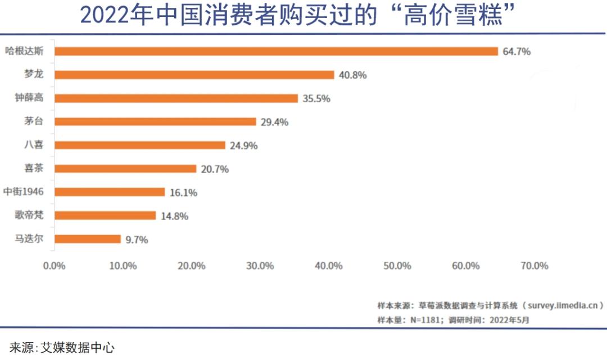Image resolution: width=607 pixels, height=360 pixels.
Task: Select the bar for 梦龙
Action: click(x=194, y=75)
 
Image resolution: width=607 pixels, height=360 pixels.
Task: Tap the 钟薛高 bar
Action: click(x=176, y=98)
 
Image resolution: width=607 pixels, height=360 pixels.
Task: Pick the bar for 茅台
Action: click(x=156, y=121)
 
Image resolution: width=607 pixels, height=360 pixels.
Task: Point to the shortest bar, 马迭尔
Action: click(x=88, y=239)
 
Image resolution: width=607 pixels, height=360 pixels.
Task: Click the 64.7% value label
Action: click(x=517, y=52)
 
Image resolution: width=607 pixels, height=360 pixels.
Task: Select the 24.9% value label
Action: click(x=244, y=145)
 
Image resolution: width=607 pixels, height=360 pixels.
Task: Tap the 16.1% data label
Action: click(x=183, y=193)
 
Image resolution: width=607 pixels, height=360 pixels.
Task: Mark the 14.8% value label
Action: click(x=174, y=216)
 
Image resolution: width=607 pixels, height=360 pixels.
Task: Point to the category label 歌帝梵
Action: click(x=30, y=215)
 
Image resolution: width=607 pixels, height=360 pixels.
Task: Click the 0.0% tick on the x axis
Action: click(x=55, y=266)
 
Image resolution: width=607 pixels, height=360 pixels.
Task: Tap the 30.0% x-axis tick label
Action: click(x=260, y=266)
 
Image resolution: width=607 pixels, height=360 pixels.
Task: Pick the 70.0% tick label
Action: click(x=534, y=266)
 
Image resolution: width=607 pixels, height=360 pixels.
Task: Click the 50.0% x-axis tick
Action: click(x=397, y=266)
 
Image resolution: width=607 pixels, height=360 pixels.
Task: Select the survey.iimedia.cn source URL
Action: click(x=563, y=306)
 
